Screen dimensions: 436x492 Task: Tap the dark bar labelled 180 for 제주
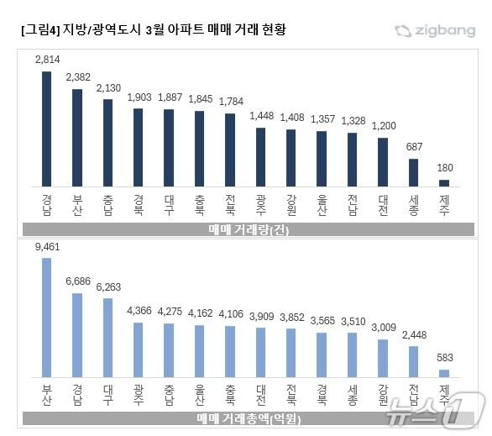pyautogui.click(x=444, y=182)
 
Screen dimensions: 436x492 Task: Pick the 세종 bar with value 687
pyautogui.click(x=413, y=172)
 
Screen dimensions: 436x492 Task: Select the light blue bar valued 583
pyautogui.click(x=444, y=372)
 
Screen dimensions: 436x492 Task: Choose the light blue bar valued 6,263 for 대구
pyautogui.click(x=107, y=337)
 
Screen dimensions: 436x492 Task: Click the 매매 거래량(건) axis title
pyautogui.click(x=246, y=229)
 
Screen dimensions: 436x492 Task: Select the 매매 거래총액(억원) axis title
pyautogui.click(x=246, y=418)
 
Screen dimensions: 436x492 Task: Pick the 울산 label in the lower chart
pyautogui.click(x=199, y=395)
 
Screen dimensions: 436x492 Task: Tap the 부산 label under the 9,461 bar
pyautogui.click(x=46, y=395)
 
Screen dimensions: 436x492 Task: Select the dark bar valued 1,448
pyautogui.click(x=260, y=157)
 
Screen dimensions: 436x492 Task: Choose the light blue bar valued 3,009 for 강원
pyautogui.click(x=383, y=358)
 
